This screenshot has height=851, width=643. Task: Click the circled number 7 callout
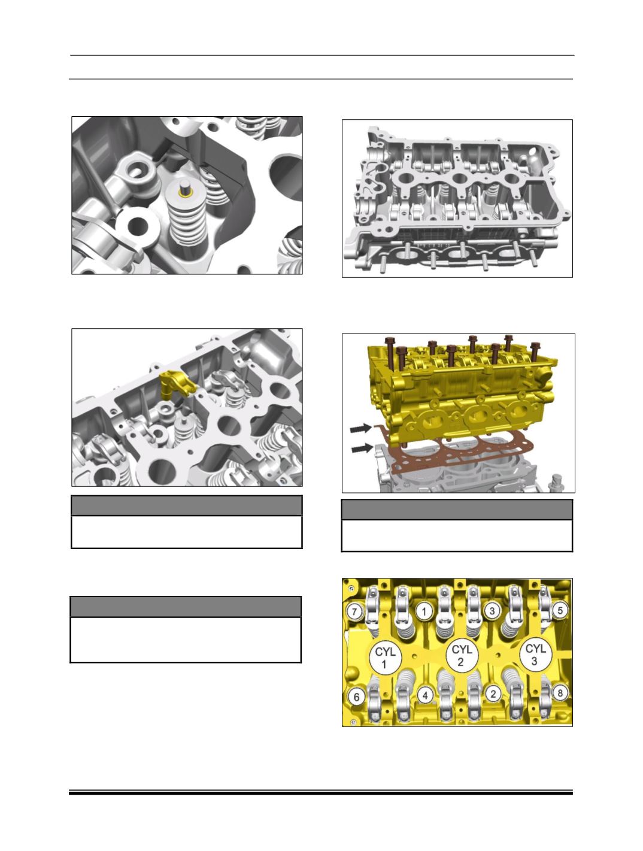pyautogui.click(x=354, y=611)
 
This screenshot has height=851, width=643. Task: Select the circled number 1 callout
pyautogui.click(x=424, y=611)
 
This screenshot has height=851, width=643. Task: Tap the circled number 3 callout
pyautogui.click(x=492, y=611)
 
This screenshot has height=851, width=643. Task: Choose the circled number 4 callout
pyautogui.click(x=425, y=695)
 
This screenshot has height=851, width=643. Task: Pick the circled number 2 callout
pyautogui.click(x=493, y=693)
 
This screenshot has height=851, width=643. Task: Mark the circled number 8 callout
pyautogui.click(x=560, y=693)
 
